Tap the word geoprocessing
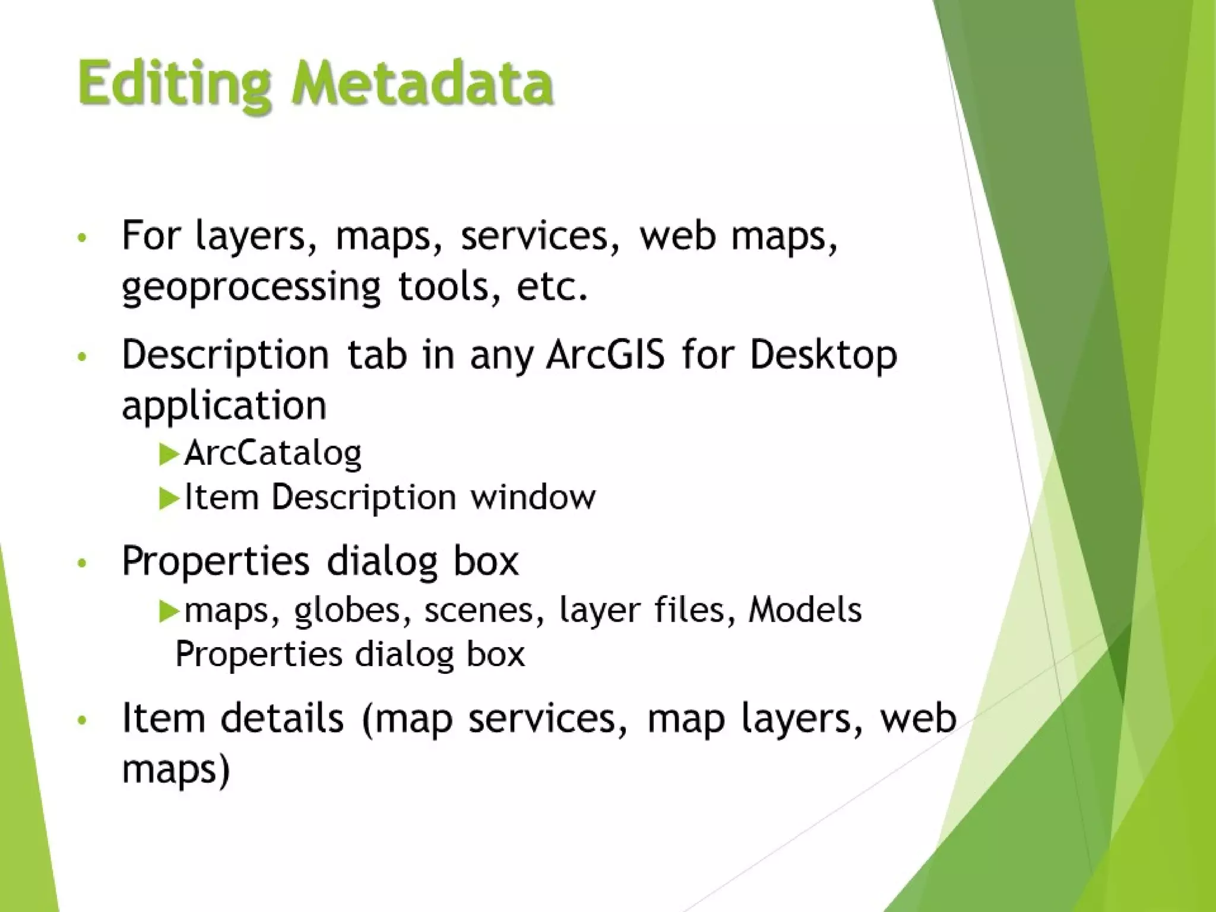pyautogui.click(x=251, y=288)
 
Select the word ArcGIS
pyautogui.click(x=605, y=354)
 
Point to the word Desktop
pyautogui.click(x=823, y=356)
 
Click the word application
pyautogui.click(x=224, y=407)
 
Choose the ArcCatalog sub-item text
pyautogui.click(x=273, y=454)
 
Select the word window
pyautogui.click(x=533, y=497)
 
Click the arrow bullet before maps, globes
pyautogui.click(x=169, y=611)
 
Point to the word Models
pyautogui.click(x=805, y=610)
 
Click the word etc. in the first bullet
pyautogui.click(x=552, y=288)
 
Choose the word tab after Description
pyautogui.click(x=377, y=354)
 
